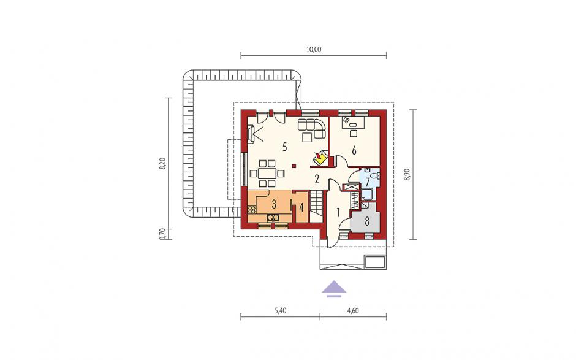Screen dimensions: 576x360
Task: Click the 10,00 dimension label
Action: pyautogui.click(x=313, y=50)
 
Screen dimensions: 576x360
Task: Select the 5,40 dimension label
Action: pyautogui.click(x=280, y=311)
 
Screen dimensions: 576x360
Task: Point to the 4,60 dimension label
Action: pyautogui.click(x=353, y=311)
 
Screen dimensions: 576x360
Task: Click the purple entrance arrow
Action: pyautogui.click(x=335, y=288)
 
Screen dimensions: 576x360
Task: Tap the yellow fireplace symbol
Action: pyautogui.click(x=319, y=159)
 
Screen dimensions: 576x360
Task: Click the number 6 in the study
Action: pyautogui.click(x=354, y=150)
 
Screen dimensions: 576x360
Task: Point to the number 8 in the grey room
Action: pyautogui.click(x=366, y=221)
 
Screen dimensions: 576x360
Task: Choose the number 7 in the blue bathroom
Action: pyautogui.click(x=367, y=183)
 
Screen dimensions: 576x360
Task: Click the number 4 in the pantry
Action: pyautogui.click(x=301, y=207)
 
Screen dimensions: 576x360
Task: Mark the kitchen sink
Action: pyautogui.click(x=273, y=218)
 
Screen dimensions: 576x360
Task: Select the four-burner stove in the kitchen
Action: pyautogui.click(x=252, y=210)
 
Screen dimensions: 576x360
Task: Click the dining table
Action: pyautogui.click(x=267, y=173)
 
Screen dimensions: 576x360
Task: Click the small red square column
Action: pyautogui.click(x=293, y=166)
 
